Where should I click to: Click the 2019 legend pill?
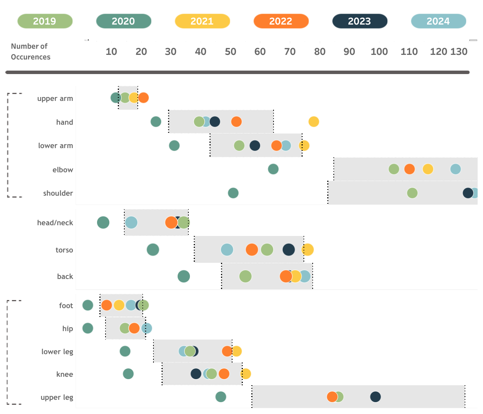[45, 21]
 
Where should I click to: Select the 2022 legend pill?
[281, 21]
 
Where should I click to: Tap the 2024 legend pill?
[438, 21]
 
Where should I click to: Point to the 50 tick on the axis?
[231, 51]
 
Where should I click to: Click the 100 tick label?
[379, 51]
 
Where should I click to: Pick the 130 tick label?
[459, 51]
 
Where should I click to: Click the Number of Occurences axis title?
[31, 51]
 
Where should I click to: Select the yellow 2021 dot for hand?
[314, 122]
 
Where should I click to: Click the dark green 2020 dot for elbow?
[273, 169]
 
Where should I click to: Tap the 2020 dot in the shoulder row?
[233, 193]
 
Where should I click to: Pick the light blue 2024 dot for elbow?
[455, 169]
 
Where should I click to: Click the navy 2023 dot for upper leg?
[376, 397]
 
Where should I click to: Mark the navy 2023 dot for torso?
[288, 249]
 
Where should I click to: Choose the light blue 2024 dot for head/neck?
[131, 222]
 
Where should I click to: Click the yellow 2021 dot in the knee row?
[246, 374]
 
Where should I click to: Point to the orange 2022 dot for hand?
[236, 122]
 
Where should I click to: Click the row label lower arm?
[56, 146]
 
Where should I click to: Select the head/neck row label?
[55, 223]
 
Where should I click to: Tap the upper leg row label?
[57, 398]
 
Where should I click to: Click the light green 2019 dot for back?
[246, 276]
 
